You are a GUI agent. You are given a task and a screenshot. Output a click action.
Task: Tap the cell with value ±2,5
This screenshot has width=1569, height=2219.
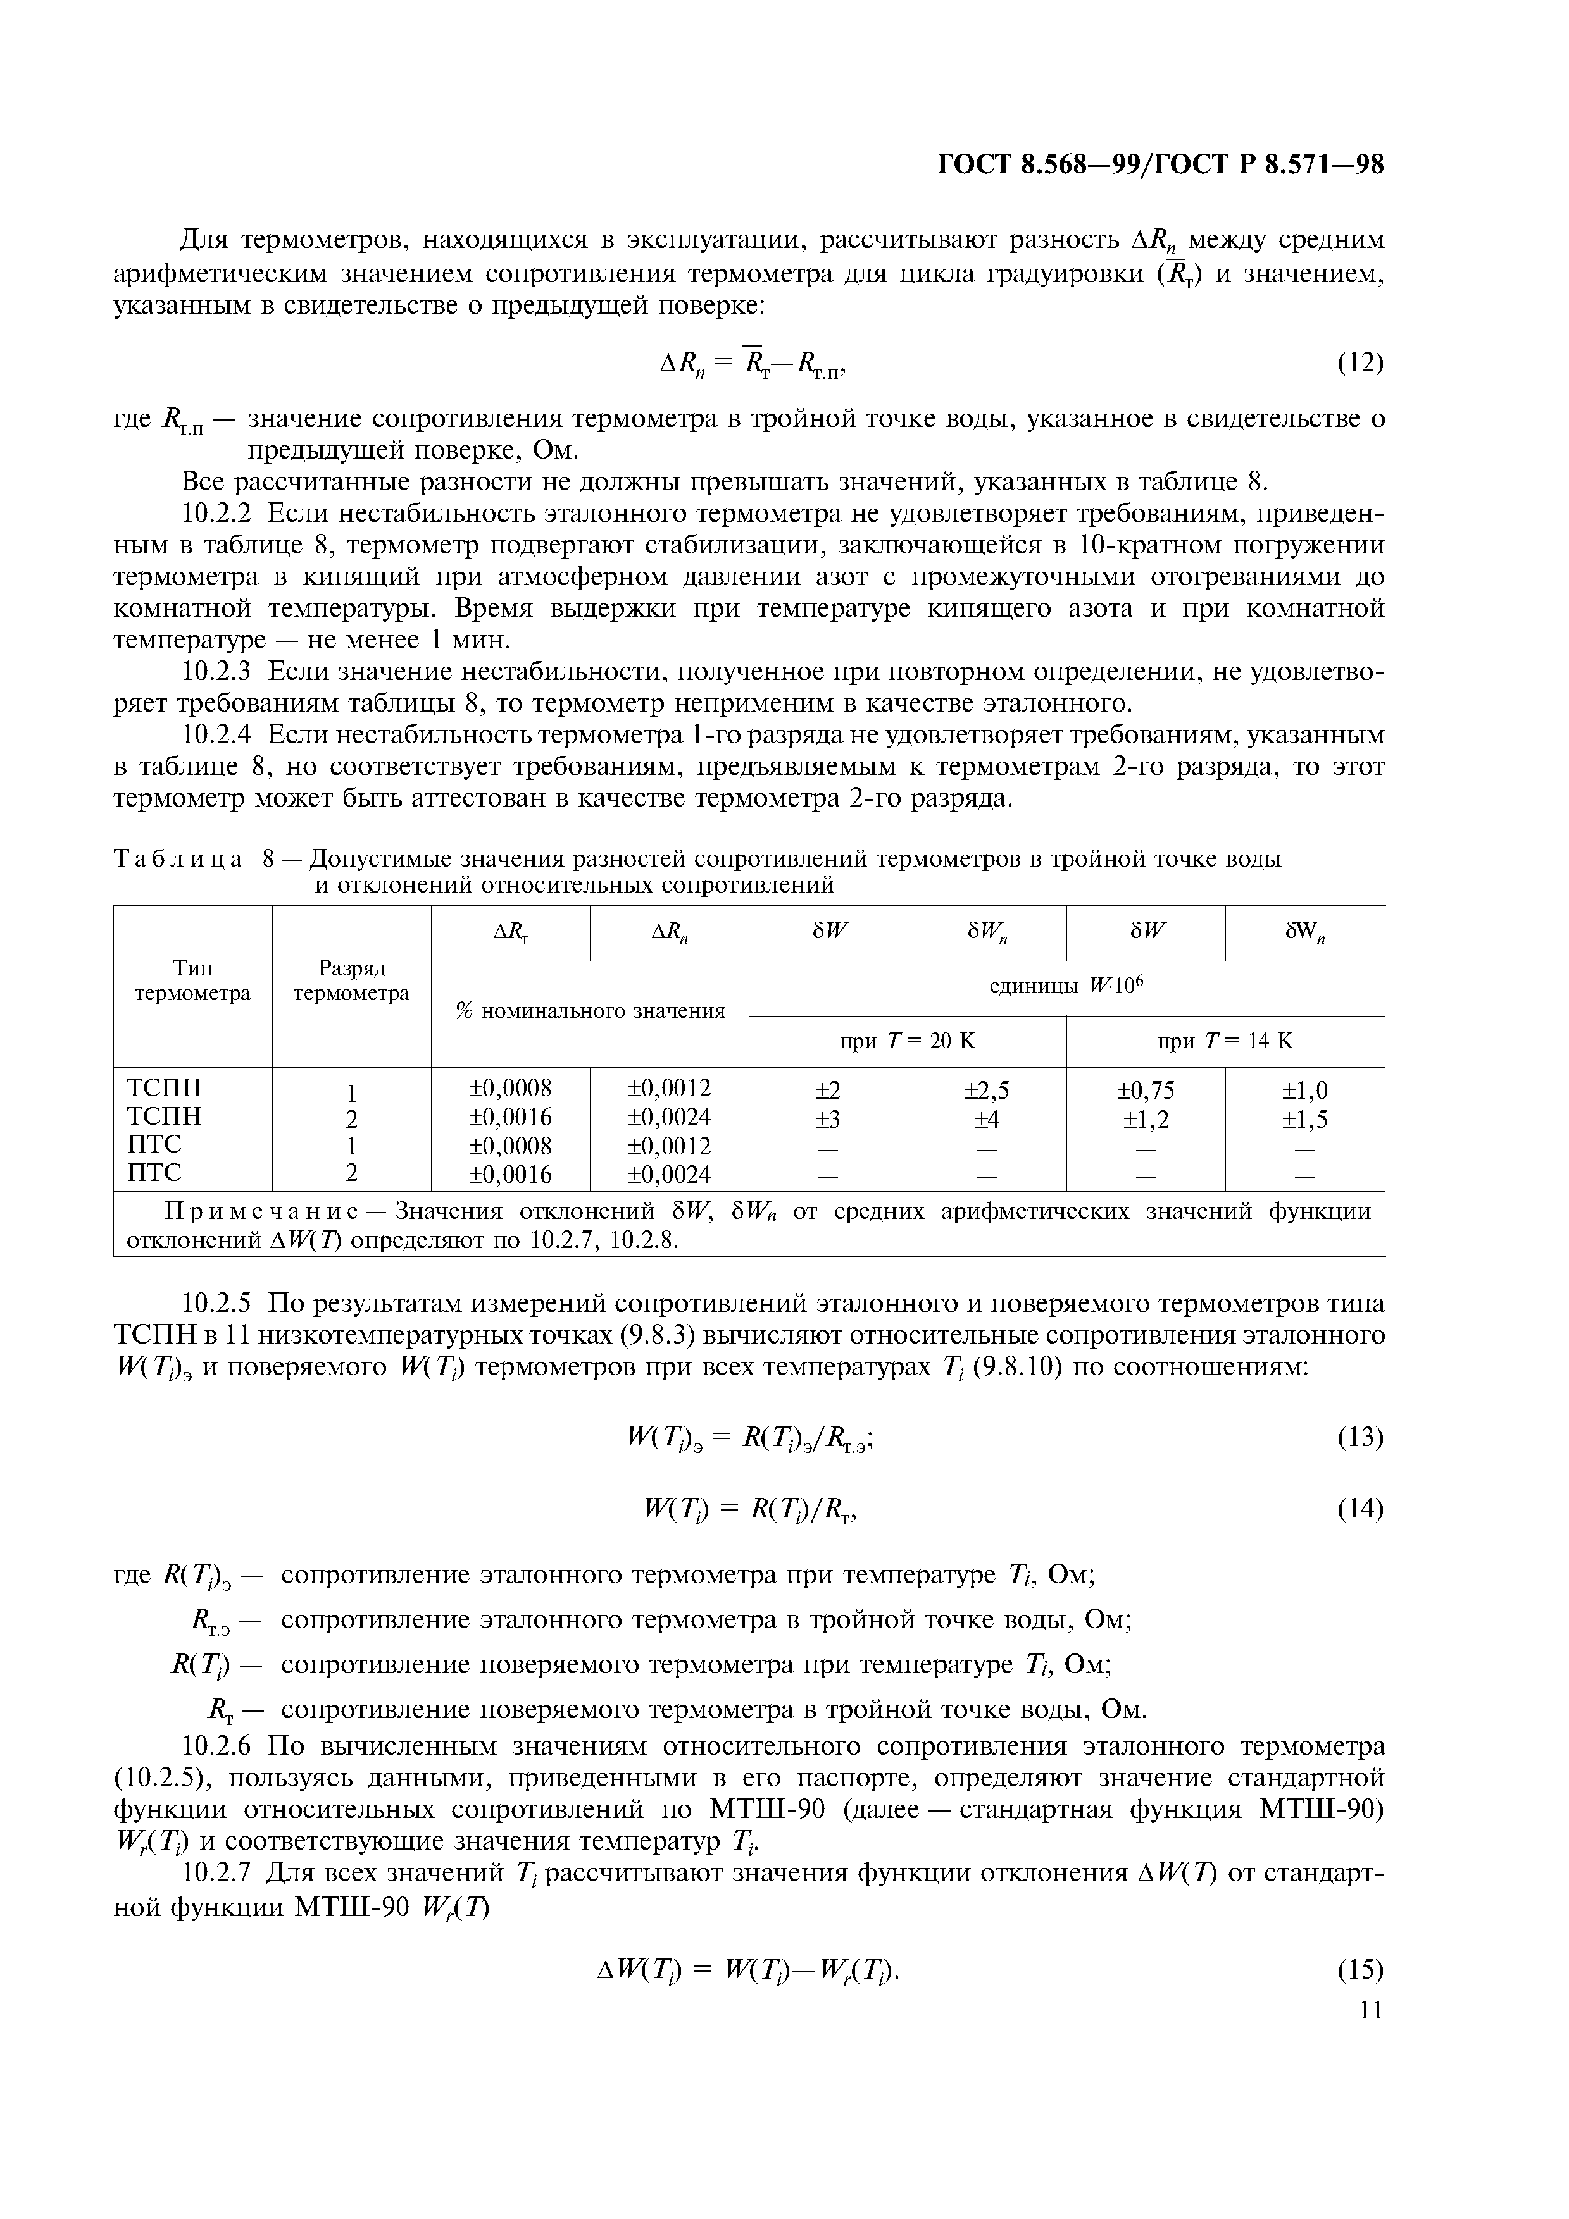986,1090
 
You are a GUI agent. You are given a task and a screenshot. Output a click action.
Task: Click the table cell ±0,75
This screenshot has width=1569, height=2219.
1146,1090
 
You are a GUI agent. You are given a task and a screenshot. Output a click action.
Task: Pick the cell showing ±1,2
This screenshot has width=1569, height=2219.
1146,1119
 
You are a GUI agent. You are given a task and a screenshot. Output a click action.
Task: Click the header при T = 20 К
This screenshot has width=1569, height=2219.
907,1041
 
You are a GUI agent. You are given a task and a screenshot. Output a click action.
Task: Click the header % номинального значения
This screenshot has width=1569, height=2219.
590,1011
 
